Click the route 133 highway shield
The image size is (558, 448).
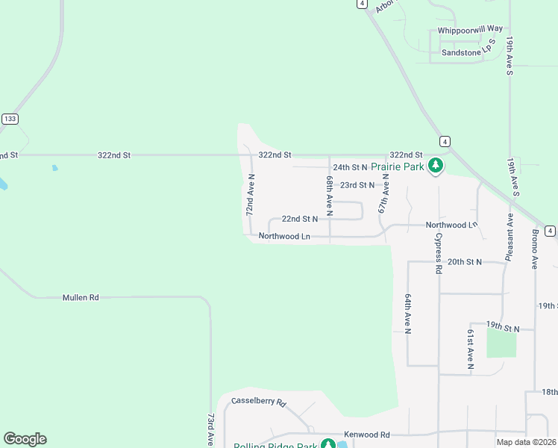(10, 119)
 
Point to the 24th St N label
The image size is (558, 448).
(351, 167)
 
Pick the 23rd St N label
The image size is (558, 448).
(357, 184)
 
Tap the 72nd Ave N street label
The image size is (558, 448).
(251, 196)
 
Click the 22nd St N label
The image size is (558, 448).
(300, 219)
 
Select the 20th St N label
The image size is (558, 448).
(465, 262)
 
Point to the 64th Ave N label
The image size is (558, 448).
(408, 314)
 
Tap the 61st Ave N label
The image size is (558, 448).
(471, 348)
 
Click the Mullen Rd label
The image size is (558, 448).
(81, 297)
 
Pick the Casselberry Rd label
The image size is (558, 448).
(259, 402)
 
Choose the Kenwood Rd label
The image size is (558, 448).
(367, 435)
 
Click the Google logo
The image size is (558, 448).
(25, 439)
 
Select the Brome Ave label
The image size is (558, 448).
(535, 249)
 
